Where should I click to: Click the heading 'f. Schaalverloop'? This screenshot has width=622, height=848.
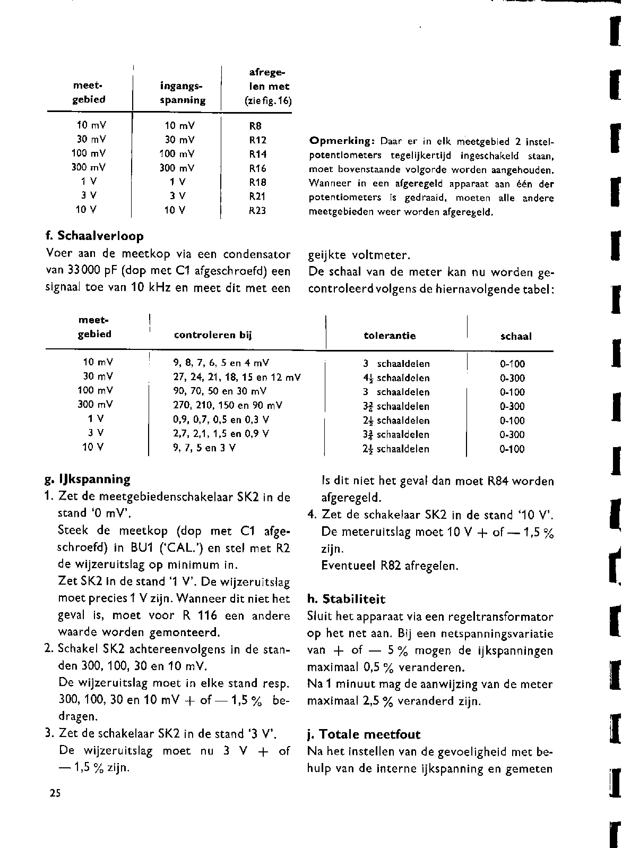pyautogui.click(x=95, y=236)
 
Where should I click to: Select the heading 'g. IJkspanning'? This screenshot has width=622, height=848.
pyautogui.click(x=88, y=479)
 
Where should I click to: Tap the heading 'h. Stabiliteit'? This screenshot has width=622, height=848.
pyautogui.click(x=347, y=599)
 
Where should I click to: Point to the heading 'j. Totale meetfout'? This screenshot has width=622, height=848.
pyautogui.click(x=364, y=735)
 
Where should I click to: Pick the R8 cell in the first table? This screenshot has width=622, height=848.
pyautogui.click(x=255, y=126)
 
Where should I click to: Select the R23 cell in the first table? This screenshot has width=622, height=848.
pyautogui.click(x=257, y=210)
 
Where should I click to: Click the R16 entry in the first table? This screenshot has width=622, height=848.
pyautogui.click(x=257, y=168)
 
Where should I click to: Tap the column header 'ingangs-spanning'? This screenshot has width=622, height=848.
pyautogui.click(x=182, y=93)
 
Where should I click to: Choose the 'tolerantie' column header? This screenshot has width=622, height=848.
pyautogui.click(x=390, y=336)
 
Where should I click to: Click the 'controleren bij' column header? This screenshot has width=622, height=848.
pyautogui.click(x=212, y=336)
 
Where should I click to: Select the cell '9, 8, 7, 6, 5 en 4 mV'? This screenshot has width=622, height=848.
pyautogui.click(x=221, y=364)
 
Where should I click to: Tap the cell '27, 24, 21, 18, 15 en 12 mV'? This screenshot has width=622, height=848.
pyautogui.click(x=237, y=378)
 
